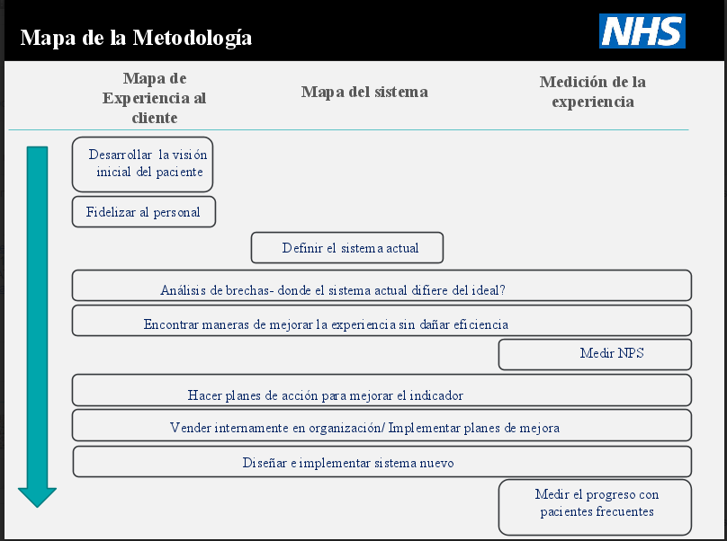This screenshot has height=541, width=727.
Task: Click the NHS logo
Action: click(x=642, y=31)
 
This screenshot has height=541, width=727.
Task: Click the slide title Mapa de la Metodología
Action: click(x=136, y=38)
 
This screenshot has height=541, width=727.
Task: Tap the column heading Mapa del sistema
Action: click(x=364, y=92)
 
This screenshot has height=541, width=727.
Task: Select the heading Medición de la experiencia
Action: click(x=593, y=92)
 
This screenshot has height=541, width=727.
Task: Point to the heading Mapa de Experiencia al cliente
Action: click(x=155, y=98)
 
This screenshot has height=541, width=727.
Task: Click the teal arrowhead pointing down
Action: click(x=37, y=497)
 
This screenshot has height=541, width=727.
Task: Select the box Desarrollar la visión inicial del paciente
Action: click(x=142, y=164)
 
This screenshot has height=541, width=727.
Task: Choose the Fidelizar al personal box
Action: click(x=144, y=212)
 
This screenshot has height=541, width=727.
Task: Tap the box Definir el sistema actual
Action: click(x=347, y=248)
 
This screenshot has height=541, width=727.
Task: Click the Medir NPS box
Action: click(x=595, y=355)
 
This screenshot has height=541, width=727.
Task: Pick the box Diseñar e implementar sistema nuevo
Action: click(x=382, y=462)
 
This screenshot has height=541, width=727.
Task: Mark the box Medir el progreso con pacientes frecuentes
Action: click(x=595, y=508)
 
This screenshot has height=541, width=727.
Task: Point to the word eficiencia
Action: click(x=480, y=324)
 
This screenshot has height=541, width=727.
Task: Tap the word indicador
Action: click(x=435, y=395)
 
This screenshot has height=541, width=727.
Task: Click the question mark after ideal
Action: click(x=502, y=290)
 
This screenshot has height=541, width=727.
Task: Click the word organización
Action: click(x=345, y=428)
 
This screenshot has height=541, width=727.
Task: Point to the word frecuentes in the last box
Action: click(x=625, y=512)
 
